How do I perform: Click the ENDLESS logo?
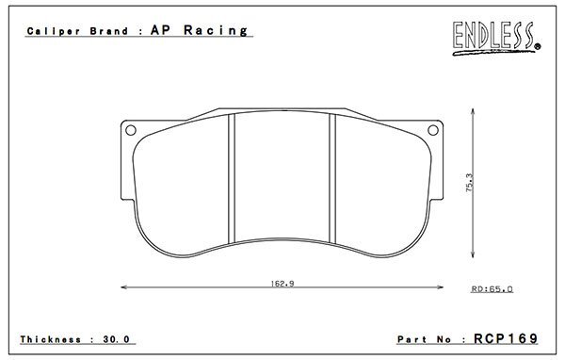(x=496, y=39)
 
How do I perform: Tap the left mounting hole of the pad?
(x=131, y=130)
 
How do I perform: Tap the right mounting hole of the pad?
(x=433, y=130)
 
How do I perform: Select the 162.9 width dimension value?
(x=282, y=284)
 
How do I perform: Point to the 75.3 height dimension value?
(x=470, y=183)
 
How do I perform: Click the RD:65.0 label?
(x=492, y=289)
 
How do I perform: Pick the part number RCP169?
(x=506, y=338)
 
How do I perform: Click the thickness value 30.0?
(x=116, y=339)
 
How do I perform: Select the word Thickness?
(x=51, y=339)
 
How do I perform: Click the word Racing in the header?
(x=216, y=30)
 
